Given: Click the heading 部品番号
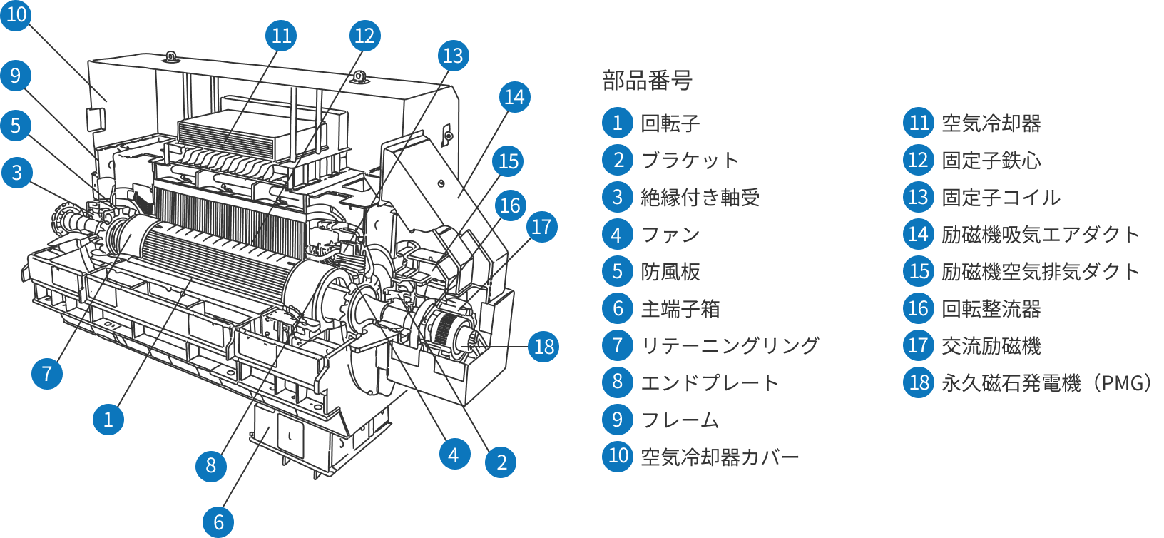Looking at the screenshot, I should pos(647,80).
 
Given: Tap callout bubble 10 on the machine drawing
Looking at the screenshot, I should pos(16,14).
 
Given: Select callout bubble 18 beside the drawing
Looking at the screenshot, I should pos(543,347).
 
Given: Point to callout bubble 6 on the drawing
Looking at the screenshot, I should pos(218,522).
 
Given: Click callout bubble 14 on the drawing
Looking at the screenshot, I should pos(514,97).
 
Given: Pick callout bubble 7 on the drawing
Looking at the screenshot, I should pos(47,373).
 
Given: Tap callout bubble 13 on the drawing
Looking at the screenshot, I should pos(453,56).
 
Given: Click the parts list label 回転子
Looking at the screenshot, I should pos(670,123).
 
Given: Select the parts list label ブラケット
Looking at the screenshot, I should pos(689,161).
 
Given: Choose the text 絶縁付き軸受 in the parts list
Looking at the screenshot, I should pos(700,198).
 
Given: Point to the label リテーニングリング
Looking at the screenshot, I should pos(730,345).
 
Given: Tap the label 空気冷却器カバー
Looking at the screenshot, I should pos(720,457).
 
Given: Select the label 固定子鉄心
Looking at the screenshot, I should pos(991,161).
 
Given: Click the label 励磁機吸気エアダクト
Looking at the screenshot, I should pos(1041,235).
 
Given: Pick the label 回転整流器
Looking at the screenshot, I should pos(991,309).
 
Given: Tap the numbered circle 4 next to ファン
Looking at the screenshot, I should pos(618,234).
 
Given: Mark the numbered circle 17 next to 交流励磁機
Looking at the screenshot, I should pos(918,345).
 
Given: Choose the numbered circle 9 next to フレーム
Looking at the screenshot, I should pos(618,420).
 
